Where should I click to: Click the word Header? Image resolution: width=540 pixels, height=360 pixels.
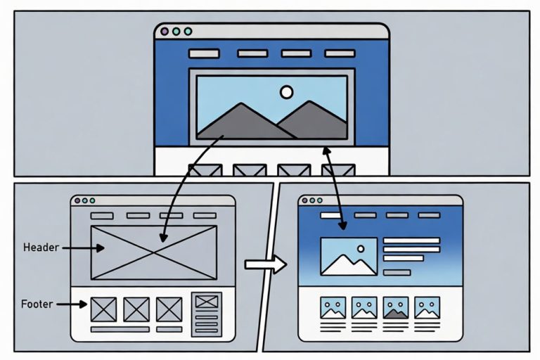pyautogui.click(x=41, y=247)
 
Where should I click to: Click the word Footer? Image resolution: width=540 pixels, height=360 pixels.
pyautogui.click(x=37, y=304)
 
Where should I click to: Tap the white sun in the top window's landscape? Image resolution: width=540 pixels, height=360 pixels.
pyautogui.click(x=287, y=92)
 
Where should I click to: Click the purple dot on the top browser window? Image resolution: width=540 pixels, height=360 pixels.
pyautogui.click(x=165, y=32)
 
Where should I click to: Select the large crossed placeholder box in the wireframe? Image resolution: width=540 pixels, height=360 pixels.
pyautogui.click(x=154, y=252)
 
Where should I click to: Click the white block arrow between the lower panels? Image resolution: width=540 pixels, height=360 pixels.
pyautogui.click(x=266, y=264)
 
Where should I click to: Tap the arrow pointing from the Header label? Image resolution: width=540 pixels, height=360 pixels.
pyautogui.click(x=84, y=248)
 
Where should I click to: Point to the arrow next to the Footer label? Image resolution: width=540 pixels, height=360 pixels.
pyautogui.click(x=72, y=304)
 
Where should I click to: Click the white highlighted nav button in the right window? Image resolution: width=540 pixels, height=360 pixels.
pyautogui.click(x=330, y=215)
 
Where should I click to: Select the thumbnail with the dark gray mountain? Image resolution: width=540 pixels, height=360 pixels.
pyautogui.click(x=396, y=308)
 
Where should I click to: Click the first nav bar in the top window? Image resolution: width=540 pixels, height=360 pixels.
pyautogui.click(x=204, y=53)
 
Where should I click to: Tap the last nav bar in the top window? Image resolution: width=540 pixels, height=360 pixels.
pyautogui.click(x=340, y=53)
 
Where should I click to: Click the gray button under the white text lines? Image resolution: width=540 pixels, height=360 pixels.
pyautogui.click(x=397, y=273)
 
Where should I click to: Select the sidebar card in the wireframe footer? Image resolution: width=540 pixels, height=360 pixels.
pyautogui.click(x=207, y=314)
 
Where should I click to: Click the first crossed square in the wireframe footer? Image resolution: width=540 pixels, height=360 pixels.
pyautogui.click(x=103, y=309)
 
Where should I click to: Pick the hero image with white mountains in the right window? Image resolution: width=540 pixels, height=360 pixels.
pyautogui.click(x=349, y=257)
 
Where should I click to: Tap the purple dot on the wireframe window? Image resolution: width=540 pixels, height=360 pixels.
pyautogui.click(x=77, y=200)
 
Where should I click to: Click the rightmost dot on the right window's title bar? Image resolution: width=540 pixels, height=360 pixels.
pyautogui.click(x=320, y=200)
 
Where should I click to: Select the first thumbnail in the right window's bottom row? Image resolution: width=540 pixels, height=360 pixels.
pyautogui.click(x=333, y=308)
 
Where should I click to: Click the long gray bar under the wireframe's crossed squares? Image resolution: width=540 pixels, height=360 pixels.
pyautogui.click(x=120, y=330)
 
